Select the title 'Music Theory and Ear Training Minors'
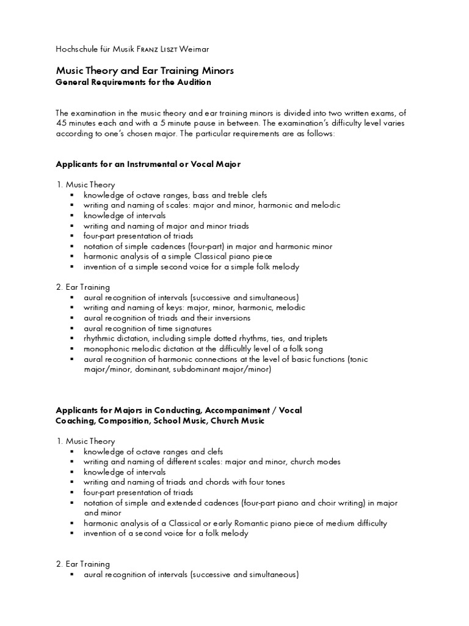(144, 71)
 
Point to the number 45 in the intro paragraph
(61, 123)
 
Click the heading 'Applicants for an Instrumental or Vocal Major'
(148, 164)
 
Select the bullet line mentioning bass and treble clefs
(175, 194)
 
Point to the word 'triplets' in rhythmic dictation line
(313, 338)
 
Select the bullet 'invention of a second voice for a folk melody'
(166, 534)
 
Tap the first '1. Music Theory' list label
(85, 185)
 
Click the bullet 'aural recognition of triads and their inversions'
(167, 318)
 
